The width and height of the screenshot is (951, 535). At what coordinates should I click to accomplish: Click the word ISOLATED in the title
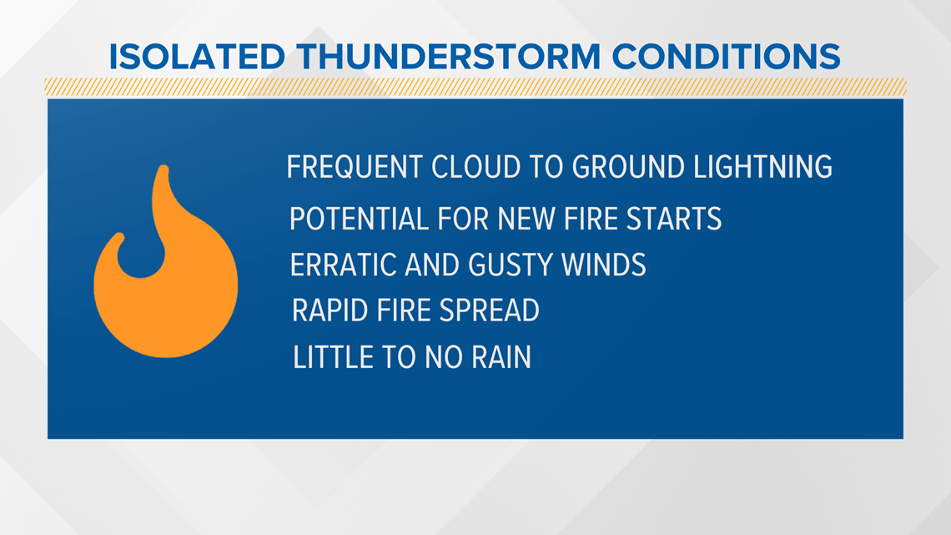click(197, 57)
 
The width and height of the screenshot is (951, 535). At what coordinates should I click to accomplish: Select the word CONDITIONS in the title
click(726, 57)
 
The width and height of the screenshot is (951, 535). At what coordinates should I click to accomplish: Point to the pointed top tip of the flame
click(163, 166)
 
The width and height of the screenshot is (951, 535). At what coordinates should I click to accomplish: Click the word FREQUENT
click(354, 167)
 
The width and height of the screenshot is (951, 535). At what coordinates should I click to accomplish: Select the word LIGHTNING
click(763, 167)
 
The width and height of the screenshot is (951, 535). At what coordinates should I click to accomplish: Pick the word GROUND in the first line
click(628, 167)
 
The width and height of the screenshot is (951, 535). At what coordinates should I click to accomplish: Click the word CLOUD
click(476, 167)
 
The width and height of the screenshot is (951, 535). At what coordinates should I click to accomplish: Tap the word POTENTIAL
click(359, 219)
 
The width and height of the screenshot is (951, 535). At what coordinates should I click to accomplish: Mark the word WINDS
click(604, 265)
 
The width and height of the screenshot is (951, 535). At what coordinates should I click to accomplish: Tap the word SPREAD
click(490, 310)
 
